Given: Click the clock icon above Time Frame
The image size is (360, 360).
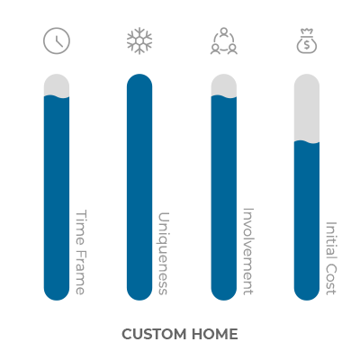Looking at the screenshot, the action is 57,40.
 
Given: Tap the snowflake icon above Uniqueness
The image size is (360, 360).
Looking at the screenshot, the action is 139,40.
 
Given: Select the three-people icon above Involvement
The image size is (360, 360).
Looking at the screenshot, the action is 224,40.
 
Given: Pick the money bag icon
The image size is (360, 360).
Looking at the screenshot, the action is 307,41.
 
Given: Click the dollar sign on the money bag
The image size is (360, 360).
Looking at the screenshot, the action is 307,45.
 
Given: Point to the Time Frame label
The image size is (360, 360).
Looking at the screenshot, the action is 80,252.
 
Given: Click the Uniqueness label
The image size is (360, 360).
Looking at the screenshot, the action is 164,254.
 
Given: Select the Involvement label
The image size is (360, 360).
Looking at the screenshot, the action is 247,251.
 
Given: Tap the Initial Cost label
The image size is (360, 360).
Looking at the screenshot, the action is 331,258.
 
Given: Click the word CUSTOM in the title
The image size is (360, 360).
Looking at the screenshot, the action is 154,334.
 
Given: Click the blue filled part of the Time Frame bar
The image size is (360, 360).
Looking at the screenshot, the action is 57,198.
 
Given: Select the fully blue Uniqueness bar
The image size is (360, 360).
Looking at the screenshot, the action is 139,187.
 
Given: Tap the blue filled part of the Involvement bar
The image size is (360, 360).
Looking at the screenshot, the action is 224,198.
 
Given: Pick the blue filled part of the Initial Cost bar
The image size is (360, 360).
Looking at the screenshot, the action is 307,220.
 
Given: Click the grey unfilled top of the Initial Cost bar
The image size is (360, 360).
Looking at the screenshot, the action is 307,108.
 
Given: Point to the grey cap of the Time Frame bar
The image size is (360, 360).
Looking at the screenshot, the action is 57,85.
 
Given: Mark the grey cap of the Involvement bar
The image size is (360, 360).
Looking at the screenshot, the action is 224,85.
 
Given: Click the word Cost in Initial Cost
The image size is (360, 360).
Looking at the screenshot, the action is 331,279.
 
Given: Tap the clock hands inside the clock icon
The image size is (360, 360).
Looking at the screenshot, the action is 59,41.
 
